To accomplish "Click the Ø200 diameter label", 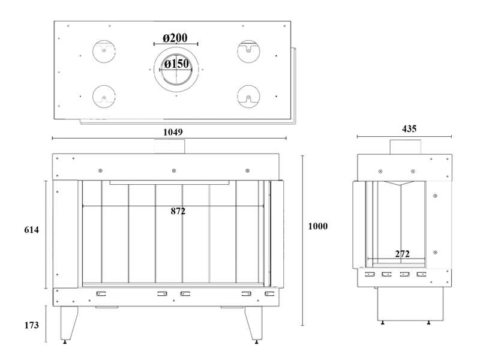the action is [x=175, y=38].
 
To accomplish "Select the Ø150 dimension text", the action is [x=176, y=64].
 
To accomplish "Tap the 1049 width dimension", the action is [x=173, y=132].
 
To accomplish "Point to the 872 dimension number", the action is [x=178, y=211].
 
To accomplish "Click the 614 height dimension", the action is [x=32, y=230].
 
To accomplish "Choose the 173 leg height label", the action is [x=32, y=325].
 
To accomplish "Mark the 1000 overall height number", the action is [x=318, y=226].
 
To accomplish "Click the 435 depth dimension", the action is [x=409, y=128].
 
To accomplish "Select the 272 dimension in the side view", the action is [x=402, y=254].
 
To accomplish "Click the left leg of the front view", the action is [x=68, y=323].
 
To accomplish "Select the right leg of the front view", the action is [x=254, y=323].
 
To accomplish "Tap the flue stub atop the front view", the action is [x=170, y=146].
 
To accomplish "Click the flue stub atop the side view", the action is [x=406, y=147].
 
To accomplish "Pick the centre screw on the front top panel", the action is [x=174, y=170].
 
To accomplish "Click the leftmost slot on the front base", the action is [x=101, y=294].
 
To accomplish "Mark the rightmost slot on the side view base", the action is [x=422, y=274].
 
